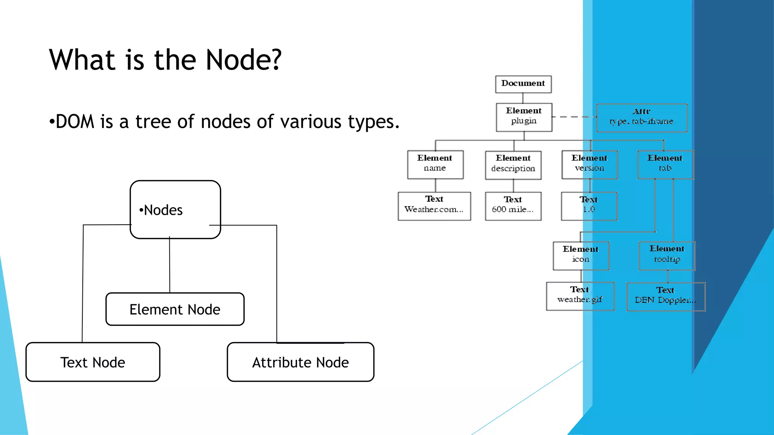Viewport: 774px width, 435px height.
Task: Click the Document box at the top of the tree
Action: click(x=523, y=84)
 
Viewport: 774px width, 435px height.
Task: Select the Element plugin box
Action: click(x=524, y=117)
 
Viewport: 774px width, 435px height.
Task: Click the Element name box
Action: click(x=435, y=165)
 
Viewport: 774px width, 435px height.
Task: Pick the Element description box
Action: click(x=513, y=165)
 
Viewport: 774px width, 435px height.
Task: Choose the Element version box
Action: click(x=590, y=165)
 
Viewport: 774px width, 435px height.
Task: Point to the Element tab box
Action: click(x=665, y=165)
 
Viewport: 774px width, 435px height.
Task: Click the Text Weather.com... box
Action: click(x=434, y=206)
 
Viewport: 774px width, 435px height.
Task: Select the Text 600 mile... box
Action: click(x=513, y=206)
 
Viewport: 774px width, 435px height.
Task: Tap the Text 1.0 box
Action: click(x=589, y=206)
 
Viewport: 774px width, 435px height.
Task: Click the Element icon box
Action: click(x=581, y=256)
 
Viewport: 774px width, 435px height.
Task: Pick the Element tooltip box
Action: click(x=667, y=256)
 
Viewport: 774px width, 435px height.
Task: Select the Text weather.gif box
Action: click(x=580, y=296)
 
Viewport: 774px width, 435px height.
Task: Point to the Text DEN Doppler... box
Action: click(x=666, y=297)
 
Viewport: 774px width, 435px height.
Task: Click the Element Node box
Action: click(x=175, y=309)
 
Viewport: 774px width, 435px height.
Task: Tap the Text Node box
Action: click(x=93, y=362)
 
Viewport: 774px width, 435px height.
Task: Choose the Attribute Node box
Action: click(x=300, y=362)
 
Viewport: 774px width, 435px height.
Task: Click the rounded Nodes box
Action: click(x=175, y=210)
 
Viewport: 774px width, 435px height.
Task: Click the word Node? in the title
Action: click(x=243, y=60)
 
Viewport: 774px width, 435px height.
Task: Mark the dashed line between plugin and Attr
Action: click(x=574, y=117)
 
